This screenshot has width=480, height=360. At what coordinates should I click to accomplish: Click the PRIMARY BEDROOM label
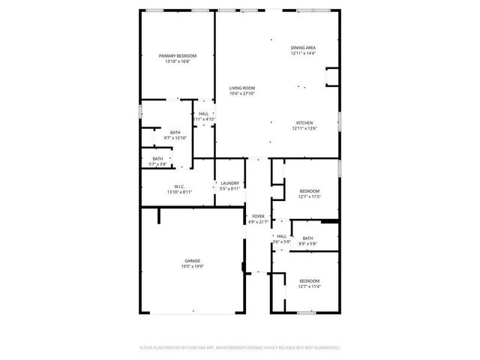coord(178,56)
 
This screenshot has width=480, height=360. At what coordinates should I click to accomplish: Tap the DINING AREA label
coord(303,48)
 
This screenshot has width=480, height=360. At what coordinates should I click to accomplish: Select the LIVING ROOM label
coord(242,88)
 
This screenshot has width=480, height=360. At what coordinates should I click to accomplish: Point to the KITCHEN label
coord(304,123)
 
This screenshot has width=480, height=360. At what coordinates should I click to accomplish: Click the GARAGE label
coord(193,261)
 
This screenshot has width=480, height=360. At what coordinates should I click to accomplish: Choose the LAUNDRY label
coord(229,183)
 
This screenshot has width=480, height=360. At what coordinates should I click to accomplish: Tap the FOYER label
coord(258,216)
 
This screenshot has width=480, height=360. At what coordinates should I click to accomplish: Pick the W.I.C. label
coord(180,187)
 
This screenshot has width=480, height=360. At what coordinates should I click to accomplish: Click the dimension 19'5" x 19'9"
coord(193,266)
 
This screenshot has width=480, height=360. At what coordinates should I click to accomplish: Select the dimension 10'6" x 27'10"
coord(242,94)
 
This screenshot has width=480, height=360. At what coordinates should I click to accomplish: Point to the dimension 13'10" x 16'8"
coord(178,61)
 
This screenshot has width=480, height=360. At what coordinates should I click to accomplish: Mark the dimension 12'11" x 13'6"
coord(304,128)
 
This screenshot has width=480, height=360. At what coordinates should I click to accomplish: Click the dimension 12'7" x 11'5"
coord(309,196)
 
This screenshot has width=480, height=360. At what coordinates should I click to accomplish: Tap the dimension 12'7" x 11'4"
coord(309,286)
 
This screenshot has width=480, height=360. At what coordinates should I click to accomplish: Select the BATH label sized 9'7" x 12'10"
coord(175,133)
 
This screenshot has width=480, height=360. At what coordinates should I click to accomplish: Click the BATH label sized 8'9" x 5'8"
coord(308,238)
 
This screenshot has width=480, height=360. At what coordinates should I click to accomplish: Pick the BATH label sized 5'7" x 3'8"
coord(157,159)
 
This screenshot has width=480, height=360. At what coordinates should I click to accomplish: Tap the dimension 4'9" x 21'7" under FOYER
coord(258,221)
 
